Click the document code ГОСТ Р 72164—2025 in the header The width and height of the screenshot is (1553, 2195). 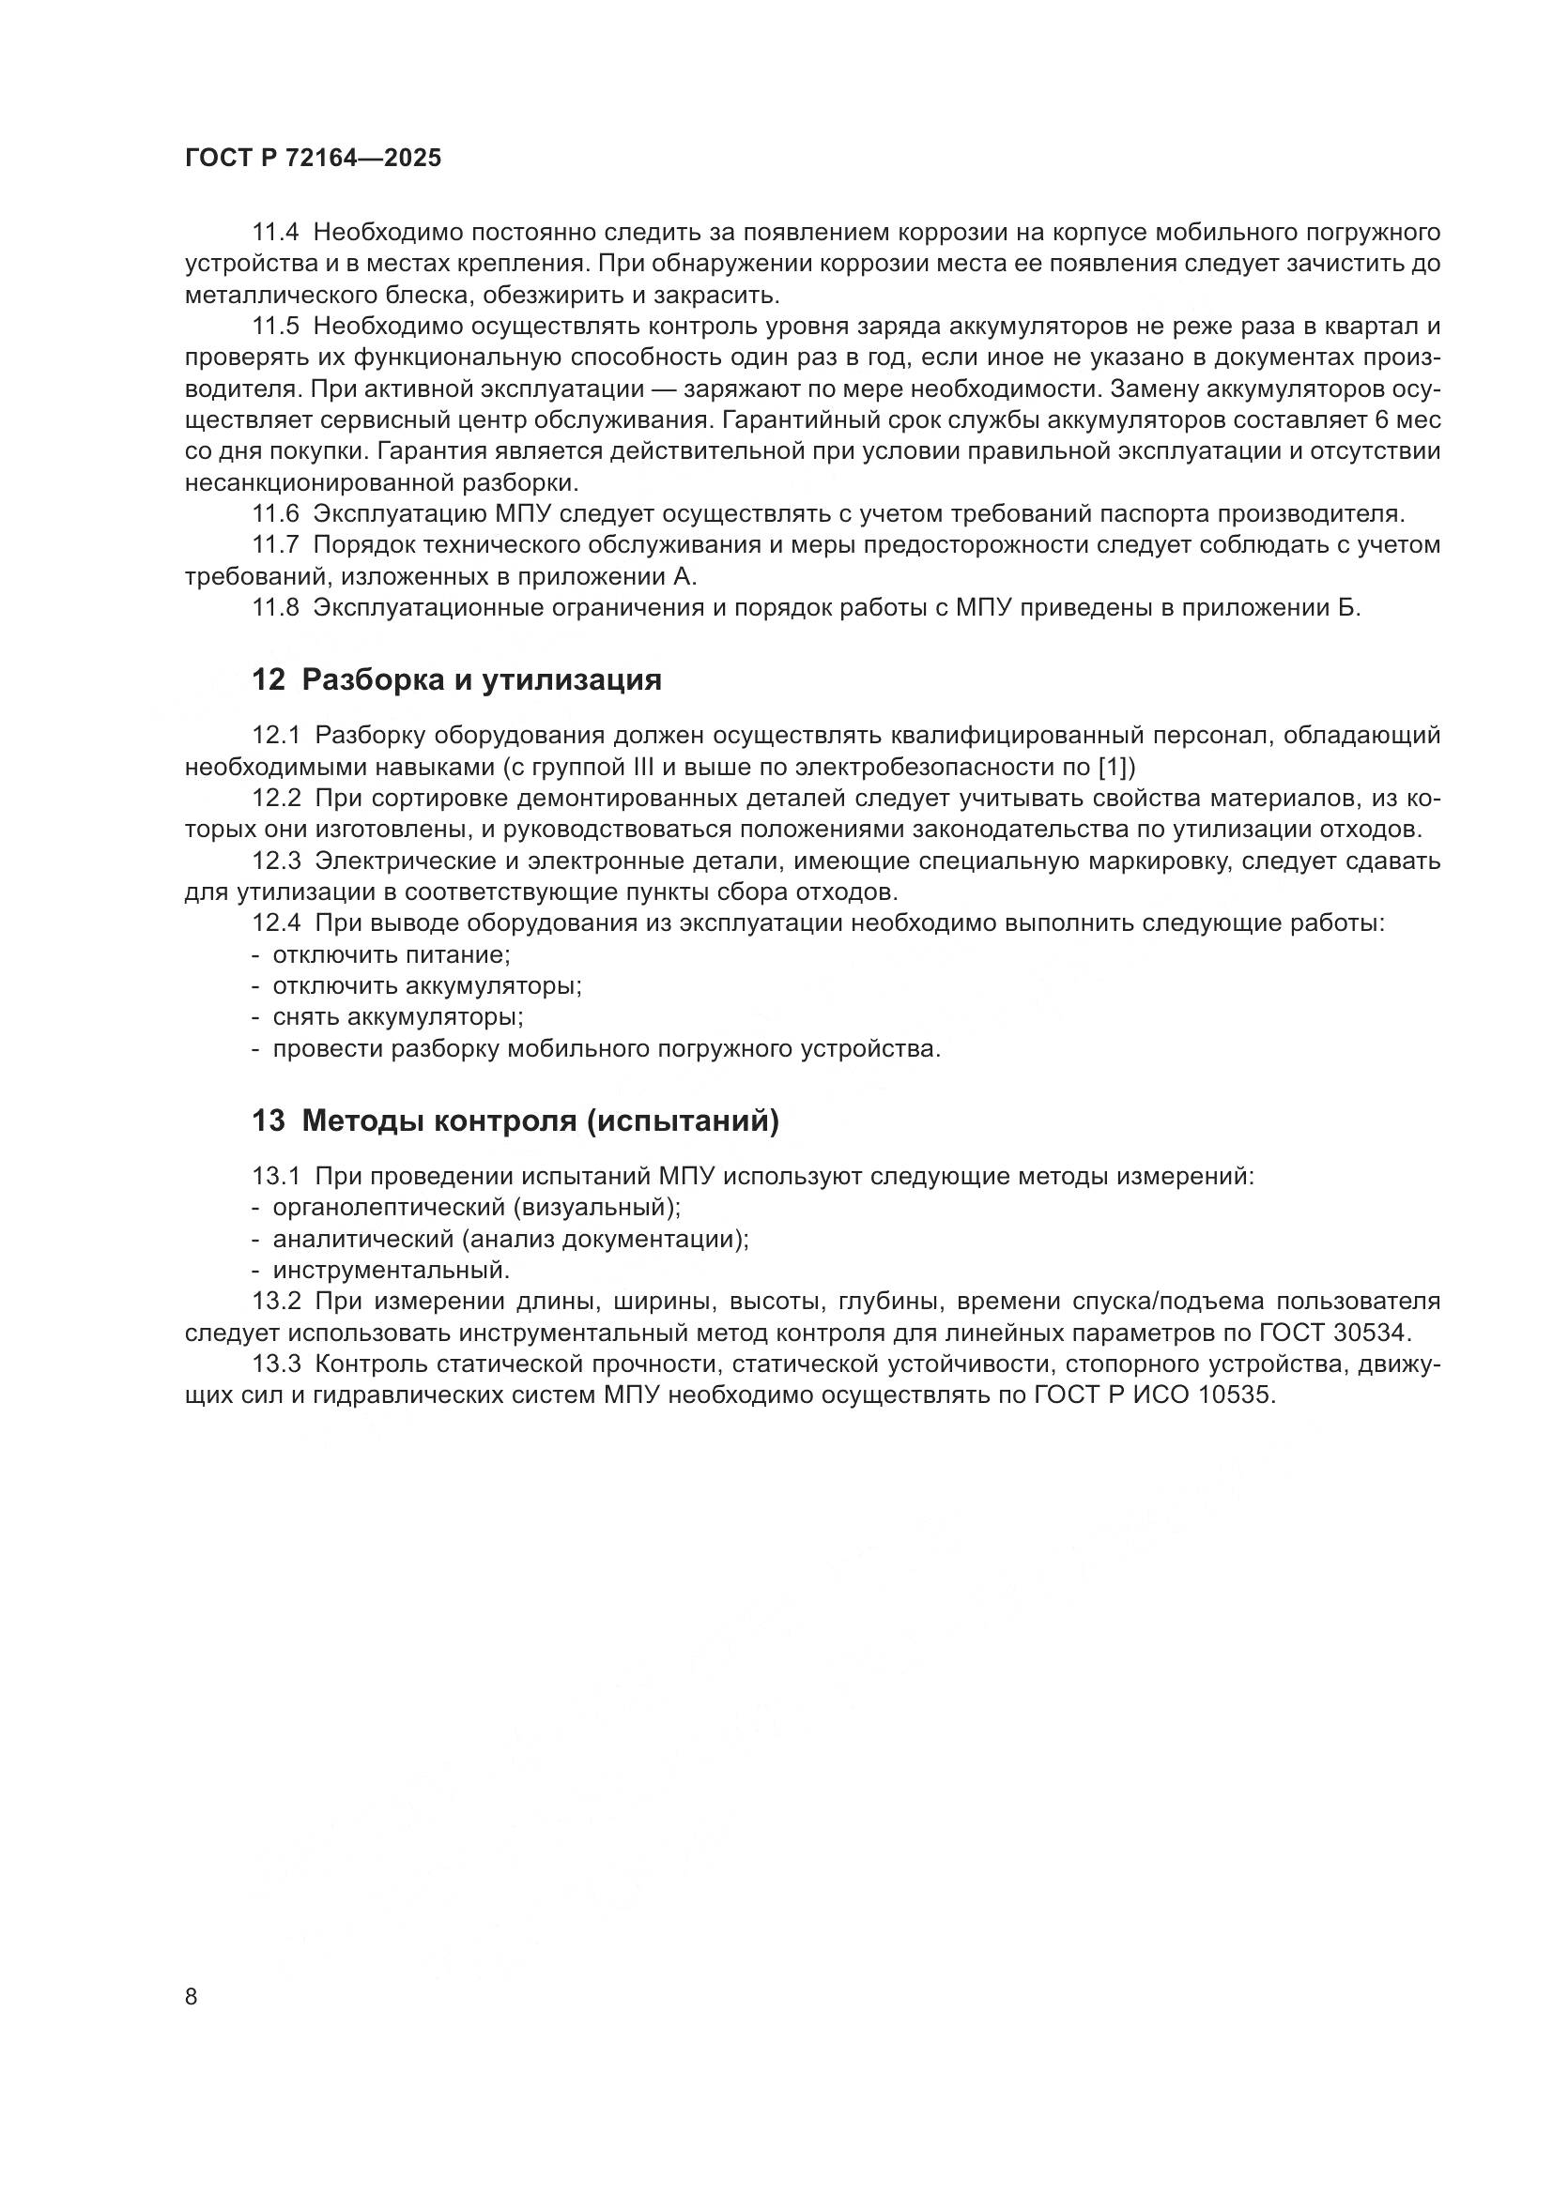pyautogui.click(x=313, y=159)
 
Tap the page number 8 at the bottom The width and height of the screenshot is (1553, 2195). pyautogui.click(x=192, y=1997)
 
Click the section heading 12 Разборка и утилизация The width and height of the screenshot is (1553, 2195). pyautogui.click(x=456, y=679)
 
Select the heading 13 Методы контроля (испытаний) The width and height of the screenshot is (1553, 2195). pyautogui.click(x=515, y=1120)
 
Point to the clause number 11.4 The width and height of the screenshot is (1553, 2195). pyautogui.click(x=275, y=233)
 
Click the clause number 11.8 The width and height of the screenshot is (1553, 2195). pyautogui.click(x=275, y=608)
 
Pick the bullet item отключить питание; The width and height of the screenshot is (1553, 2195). pyautogui.click(x=392, y=955)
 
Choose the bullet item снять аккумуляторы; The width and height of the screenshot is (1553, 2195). pyautogui.click(x=398, y=1017)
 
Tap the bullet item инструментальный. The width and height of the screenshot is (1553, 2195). pyautogui.click(x=392, y=1271)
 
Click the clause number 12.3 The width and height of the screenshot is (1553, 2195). pyautogui.click(x=276, y=861)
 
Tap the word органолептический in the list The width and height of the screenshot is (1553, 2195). pyautogui.click(x=390, y=1208)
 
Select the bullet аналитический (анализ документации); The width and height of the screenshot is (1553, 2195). pyautogui.click(x=511, y=1239)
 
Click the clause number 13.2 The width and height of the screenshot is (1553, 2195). pyautogui.click(x=276, y=1301)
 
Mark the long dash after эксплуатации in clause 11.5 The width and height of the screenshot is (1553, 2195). pyautogui.click(x=659, y=389)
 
